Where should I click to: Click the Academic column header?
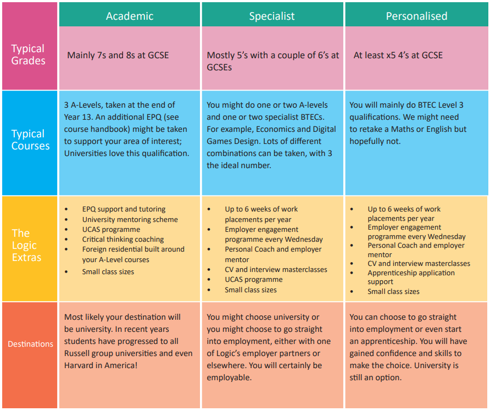(x=130, y=16)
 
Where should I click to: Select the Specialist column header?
(x=272, y=16)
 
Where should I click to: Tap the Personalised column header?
(x=416, y=16)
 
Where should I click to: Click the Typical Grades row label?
(x=29, y=54)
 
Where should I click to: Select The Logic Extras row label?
(x=26, y=245)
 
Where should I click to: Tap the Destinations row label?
(x=30, y=344)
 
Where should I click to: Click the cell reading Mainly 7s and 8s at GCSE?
(x=118, y=55)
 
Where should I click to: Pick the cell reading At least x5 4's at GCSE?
(x=398, y=55)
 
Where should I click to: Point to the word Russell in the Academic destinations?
(x=80, y=353)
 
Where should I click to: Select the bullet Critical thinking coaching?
(x=123, y=239)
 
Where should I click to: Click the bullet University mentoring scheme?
(x=130, y=219)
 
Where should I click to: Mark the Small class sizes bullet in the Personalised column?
(x=393, y=291)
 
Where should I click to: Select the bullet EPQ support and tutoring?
(x=124, y=209)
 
